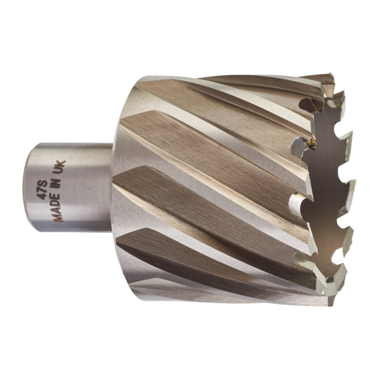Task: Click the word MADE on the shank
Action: click(58, 207)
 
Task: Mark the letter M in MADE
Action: click(57, 217)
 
